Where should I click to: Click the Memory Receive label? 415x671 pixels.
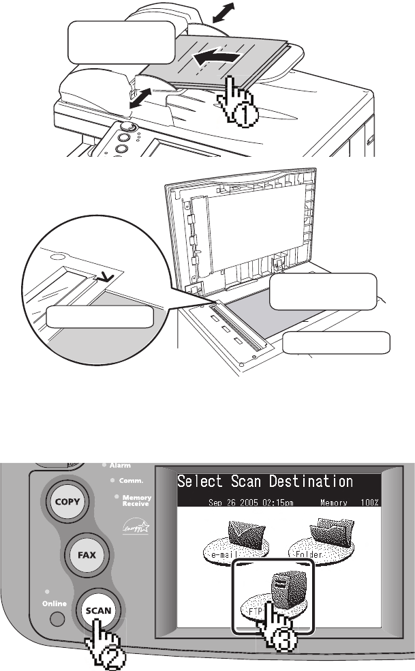[x=137, y=501]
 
